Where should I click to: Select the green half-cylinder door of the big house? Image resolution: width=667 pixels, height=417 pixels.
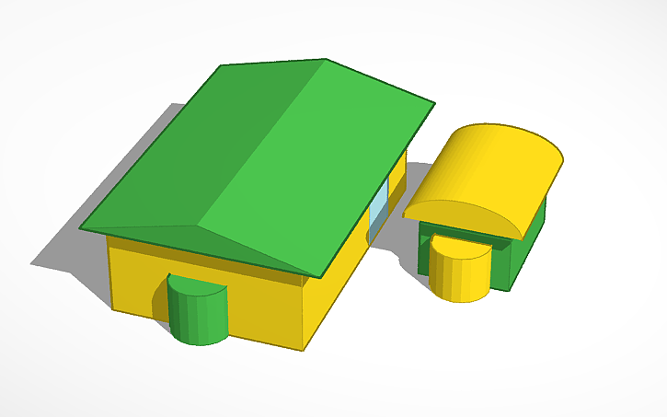[197, 319]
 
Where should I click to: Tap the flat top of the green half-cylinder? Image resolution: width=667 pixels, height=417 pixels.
[199, 285]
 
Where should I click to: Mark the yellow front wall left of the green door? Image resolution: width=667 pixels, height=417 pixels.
[138, 276]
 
